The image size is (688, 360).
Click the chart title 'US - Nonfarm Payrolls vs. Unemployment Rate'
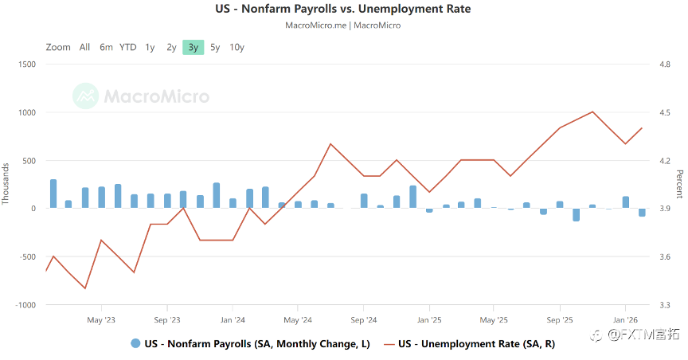[x=343, y=10]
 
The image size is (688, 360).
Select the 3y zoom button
[x=193, y=47]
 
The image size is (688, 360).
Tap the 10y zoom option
[x=236, y=47]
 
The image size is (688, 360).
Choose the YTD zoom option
[x=127, y=47]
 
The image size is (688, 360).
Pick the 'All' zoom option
[x=84, y=47]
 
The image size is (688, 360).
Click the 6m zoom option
[x=106, y=47]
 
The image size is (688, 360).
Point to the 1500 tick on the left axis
[x=27, y=65]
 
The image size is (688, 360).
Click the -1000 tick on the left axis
[x=25, y=305]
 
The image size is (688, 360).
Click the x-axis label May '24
[x=297, y=320]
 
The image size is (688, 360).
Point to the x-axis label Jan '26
[x=625, y=320]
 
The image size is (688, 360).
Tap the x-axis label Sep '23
[x=166, y=320]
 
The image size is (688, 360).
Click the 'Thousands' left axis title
[x=6, y=184]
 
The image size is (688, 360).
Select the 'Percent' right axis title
[x=679, y=184]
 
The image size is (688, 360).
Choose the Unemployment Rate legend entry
[x=468, y=344]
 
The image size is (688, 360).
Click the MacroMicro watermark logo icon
[x=85, y=96]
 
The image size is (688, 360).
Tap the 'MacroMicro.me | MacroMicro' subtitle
[x=343, y=25]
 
